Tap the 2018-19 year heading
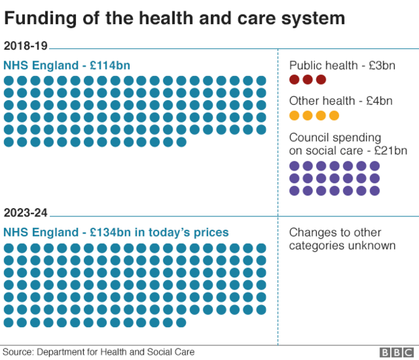click(x=25, y=46)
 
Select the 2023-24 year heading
click(x=25, y=213)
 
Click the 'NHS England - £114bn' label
click(x=66, y=65)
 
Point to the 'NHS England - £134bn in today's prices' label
click(x=115, y=232)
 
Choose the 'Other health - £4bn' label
click(x=340, y=101)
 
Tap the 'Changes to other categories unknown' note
click(x=342, y=239)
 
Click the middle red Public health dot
click(x=308, y=80)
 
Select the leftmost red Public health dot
click(x=294, y=80)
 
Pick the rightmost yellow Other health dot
click(x=334, y=116)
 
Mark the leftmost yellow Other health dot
click(x=294, y=116)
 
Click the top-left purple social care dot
click(x=294, y=166)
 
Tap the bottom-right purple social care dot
click(x=375, y=191)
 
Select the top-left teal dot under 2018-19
click(x=9, y=81)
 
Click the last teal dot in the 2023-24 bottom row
click(x=181, y=322)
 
